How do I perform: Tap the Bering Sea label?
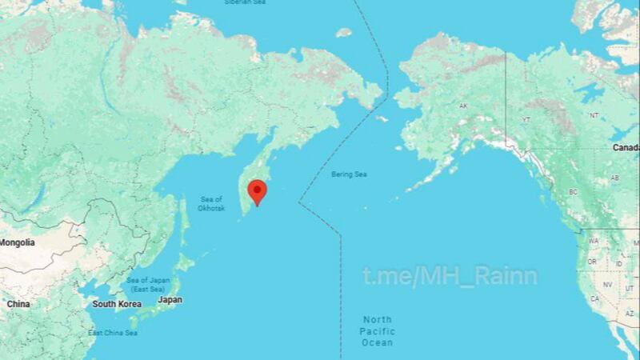point(349,174)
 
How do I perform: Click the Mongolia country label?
point(17,242)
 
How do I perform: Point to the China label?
point(18,304)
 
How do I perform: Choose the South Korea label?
point(117,304)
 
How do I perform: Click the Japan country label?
point(170,299)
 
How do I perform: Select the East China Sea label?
point(113,333)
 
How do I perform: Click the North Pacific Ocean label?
point(376,330)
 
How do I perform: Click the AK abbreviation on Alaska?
point(462,106)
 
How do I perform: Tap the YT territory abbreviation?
point(526,119)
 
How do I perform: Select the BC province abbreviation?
point(573,192)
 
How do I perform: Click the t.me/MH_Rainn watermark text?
point(450,277)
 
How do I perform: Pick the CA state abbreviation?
point(594,298)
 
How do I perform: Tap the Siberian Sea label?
point(246,3)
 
